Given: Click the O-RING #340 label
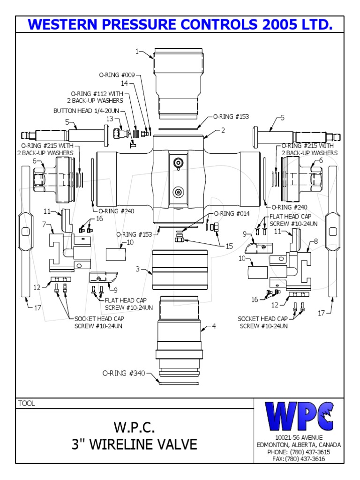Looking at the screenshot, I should pos(124,373).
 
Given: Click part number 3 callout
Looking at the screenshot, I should pos(137,270).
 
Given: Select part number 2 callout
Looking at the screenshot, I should pos(223,130).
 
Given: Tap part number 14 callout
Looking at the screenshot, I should pos(124,83).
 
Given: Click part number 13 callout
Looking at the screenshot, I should pos(109,119).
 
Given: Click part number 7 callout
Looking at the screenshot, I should pos(44,225).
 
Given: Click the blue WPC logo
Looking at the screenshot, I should pos(299,416).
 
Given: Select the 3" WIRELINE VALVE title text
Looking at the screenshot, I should pos(134,443).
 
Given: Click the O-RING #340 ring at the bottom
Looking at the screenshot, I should pos(180,383).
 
